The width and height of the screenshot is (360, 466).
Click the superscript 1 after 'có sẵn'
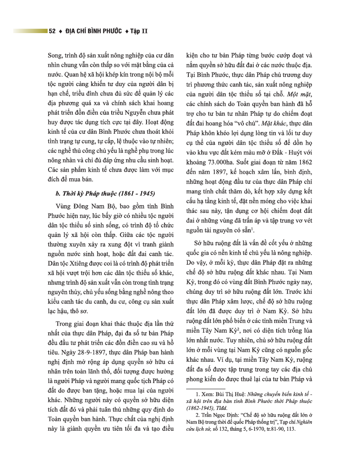(x=252, y=229)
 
